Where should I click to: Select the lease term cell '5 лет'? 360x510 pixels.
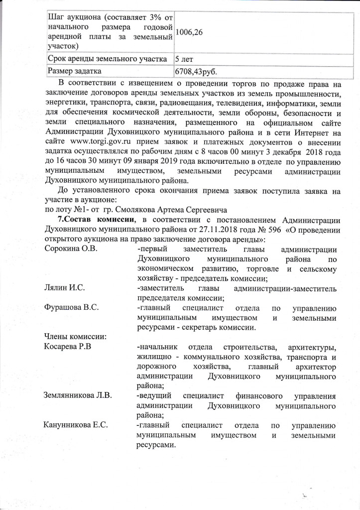184,59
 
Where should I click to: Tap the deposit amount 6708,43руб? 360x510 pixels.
196,72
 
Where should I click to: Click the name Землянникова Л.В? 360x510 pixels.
78,396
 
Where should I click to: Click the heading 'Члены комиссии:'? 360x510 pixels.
75,337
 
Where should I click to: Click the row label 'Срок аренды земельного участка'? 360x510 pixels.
107,59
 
